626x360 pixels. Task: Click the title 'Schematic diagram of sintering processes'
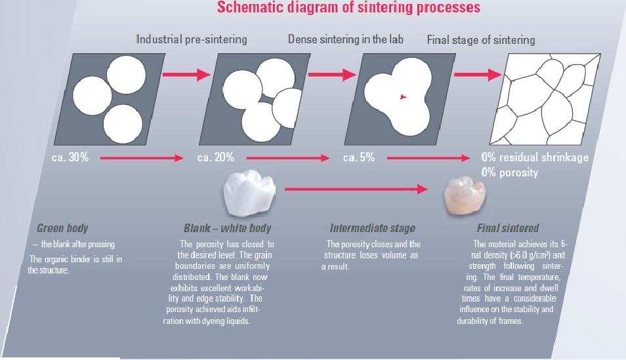348,8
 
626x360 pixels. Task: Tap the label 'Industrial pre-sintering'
192,39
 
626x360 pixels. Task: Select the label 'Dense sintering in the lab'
346,39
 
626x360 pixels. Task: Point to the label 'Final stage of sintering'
481,40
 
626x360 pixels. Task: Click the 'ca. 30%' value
70,157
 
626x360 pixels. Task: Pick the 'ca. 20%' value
216,157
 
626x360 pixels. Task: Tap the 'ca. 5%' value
359,157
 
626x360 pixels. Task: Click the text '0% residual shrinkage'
535,157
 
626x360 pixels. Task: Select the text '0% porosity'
510,172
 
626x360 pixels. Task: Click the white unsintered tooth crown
249,192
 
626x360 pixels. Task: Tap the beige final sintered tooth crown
465,195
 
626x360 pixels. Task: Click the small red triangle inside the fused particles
404,96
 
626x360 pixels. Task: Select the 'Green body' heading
63,228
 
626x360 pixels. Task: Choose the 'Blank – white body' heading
228,228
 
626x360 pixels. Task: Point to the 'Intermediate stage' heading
373,228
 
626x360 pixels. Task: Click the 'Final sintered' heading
508,228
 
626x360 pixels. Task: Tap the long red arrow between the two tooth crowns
356,189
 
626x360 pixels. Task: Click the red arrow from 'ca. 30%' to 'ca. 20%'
142,158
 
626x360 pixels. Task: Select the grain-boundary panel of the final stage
545,99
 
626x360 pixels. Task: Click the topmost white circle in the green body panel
126,75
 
